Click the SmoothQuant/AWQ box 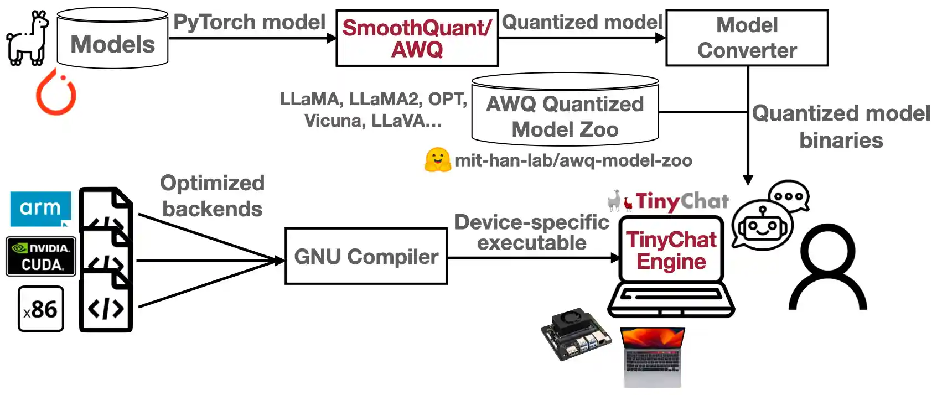[417, 38]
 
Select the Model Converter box [747, 38]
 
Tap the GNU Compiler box [366, 257]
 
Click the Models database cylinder [113, 39]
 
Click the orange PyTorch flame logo [56, 92]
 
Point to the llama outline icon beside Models [28, 38]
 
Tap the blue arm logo [40, 208]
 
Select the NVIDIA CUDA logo [41, 256]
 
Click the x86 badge [41, 309]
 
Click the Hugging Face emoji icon [438, 160]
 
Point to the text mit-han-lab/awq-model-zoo [573, 160]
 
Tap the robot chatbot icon [762, 225]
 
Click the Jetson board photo [576, 334]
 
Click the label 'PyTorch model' [249, 22]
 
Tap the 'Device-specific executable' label [531, 232]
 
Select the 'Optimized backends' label [212, 196]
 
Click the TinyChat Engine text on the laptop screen [671, 250]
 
